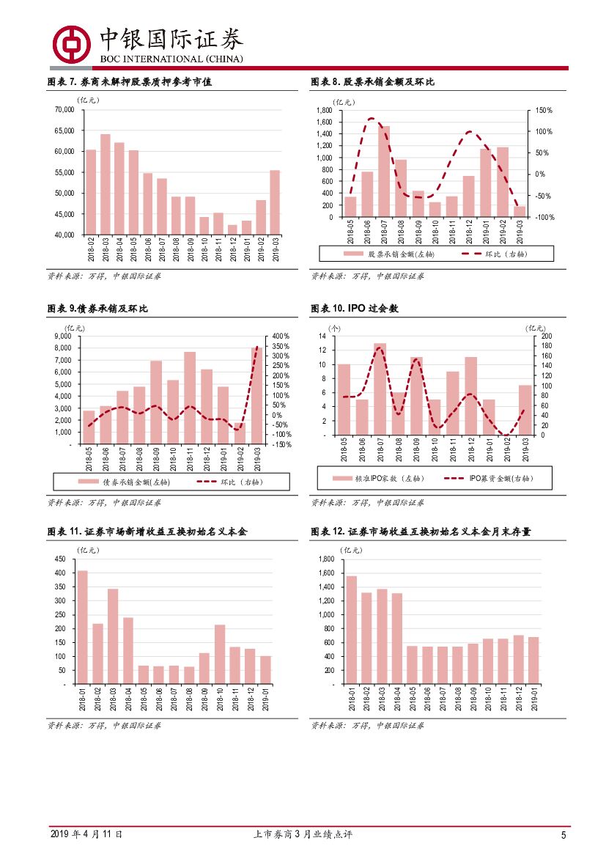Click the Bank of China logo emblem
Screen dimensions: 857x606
tap(70, 43)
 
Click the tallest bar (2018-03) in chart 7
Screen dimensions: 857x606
tap(105, 184)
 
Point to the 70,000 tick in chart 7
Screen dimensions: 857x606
tap(64, 110)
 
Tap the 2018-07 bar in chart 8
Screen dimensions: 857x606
tap(383, 172)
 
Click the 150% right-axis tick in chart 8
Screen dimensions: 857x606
tap(543, 110)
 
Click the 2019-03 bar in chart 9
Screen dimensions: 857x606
tap(256, 396)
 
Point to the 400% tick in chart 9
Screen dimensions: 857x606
tap(281, 336)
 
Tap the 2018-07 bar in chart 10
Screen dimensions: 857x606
tap(380, 389)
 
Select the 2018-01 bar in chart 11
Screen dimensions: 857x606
tap(82, 627)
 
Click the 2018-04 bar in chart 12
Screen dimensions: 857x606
tap(396, 638)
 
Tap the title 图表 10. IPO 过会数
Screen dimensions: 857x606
tap(354, 309)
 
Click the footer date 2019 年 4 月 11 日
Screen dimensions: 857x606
tap(86, 834)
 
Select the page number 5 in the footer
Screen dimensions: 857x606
tap(563, 835)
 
